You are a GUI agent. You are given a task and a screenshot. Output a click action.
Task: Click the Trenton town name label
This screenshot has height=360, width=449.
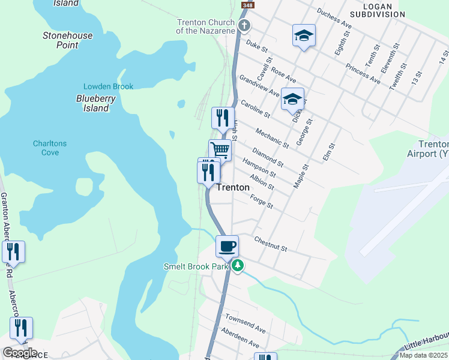pos(232,187)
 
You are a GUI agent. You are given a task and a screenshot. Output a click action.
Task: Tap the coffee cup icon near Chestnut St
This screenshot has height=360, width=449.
pos(228,246)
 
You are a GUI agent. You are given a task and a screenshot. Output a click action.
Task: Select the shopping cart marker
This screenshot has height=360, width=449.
pos(220,150)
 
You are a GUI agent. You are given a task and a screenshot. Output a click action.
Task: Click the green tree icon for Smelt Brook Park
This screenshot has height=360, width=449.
pos(238,265)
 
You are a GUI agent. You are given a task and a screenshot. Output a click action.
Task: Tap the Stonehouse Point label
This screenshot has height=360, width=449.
pos(68,40)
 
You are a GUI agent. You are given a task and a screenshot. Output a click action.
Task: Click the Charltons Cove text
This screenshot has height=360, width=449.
pos(50,148)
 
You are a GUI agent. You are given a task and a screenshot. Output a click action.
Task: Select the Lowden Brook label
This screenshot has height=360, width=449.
pos(108,86)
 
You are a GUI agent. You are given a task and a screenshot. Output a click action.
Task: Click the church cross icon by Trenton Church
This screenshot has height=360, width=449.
pos(244,25)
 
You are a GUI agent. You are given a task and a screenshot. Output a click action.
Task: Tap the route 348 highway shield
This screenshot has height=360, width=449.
pos(246,5)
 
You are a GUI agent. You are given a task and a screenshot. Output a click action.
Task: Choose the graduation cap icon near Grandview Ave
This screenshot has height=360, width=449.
pos(292,99)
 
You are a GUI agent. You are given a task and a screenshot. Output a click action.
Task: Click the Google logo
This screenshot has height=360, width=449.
pos(19,353)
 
